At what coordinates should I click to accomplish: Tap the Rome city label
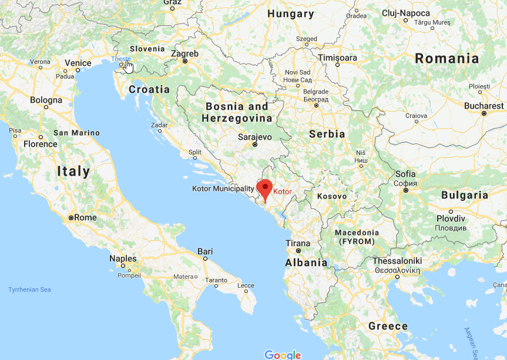point(85,217)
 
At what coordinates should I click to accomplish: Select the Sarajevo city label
point(255,137)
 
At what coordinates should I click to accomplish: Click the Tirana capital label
point(297,243)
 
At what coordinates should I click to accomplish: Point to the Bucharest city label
point(484,106)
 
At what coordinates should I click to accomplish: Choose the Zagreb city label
point(184,53)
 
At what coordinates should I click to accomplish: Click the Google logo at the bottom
point(283,355)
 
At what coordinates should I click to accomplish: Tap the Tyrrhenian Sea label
point(29,290)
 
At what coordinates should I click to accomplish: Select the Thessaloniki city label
point(397,261)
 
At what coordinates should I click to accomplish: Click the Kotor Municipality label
point(223,189)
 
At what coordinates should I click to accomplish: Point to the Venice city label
point(78,63)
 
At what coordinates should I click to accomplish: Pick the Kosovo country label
point(332,196)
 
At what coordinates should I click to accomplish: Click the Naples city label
point(123,258)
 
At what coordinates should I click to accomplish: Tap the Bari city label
point(205,251)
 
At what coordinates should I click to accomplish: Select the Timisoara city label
point(337,58)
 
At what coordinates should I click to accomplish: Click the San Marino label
point(76,133)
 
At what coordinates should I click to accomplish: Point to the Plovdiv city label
point(451,218)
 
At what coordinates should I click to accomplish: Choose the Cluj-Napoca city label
point(406,13)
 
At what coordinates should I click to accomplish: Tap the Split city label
point(194,152)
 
